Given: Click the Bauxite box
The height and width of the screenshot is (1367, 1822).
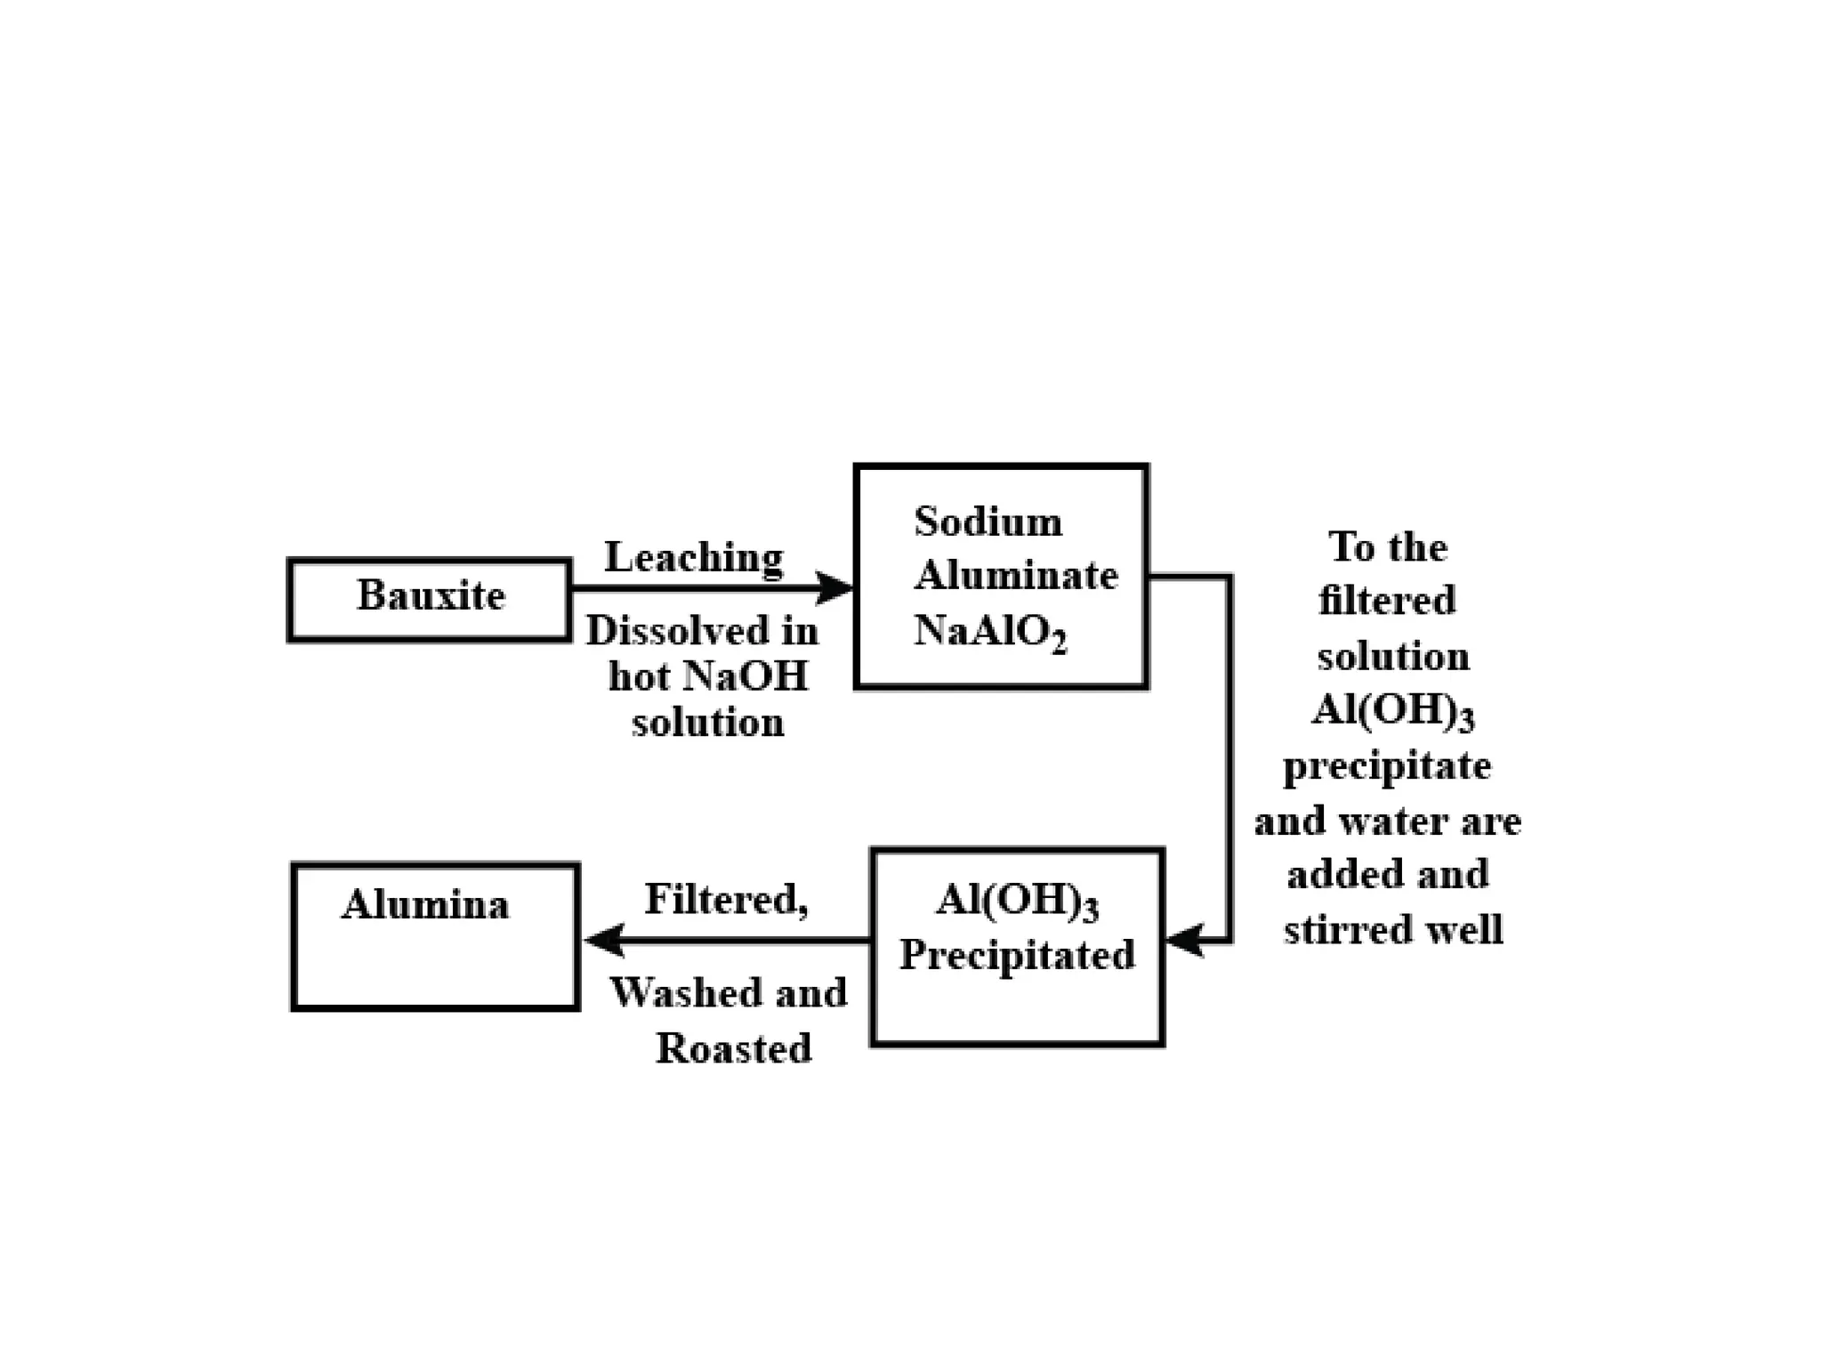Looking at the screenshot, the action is coord(430,599).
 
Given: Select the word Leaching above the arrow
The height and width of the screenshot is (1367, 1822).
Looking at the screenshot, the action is coord(694,558).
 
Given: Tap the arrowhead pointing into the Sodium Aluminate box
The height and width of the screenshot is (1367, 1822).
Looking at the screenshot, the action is coord(836,587).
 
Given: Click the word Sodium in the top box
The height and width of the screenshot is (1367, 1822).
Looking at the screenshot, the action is coord(988,522).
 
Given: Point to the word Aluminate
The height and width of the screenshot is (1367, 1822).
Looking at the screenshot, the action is coord(1016,576).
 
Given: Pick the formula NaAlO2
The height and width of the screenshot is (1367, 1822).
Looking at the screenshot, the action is coord(989,632).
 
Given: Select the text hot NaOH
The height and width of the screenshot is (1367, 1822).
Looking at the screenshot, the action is coord(708,676).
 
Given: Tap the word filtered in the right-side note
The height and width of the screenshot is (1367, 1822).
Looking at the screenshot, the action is coord(1387,601).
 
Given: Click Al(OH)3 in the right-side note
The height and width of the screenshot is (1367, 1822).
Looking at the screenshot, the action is coord(1392,711).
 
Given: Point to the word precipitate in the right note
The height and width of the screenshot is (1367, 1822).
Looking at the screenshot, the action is coord(1387,766).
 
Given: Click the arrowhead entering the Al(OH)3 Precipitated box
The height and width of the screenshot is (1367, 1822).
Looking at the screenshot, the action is coord(1183,940).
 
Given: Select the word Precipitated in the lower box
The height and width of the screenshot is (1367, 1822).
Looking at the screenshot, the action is coord(1017,956).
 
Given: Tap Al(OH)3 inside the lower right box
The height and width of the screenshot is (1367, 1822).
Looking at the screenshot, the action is coord(1017,901).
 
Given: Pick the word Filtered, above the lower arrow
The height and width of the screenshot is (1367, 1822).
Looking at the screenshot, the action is coord(726,900).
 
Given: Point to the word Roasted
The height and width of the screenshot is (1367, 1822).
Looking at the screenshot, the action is coord(734,1048).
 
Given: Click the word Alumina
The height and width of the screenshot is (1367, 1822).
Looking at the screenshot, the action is coord(425,905).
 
